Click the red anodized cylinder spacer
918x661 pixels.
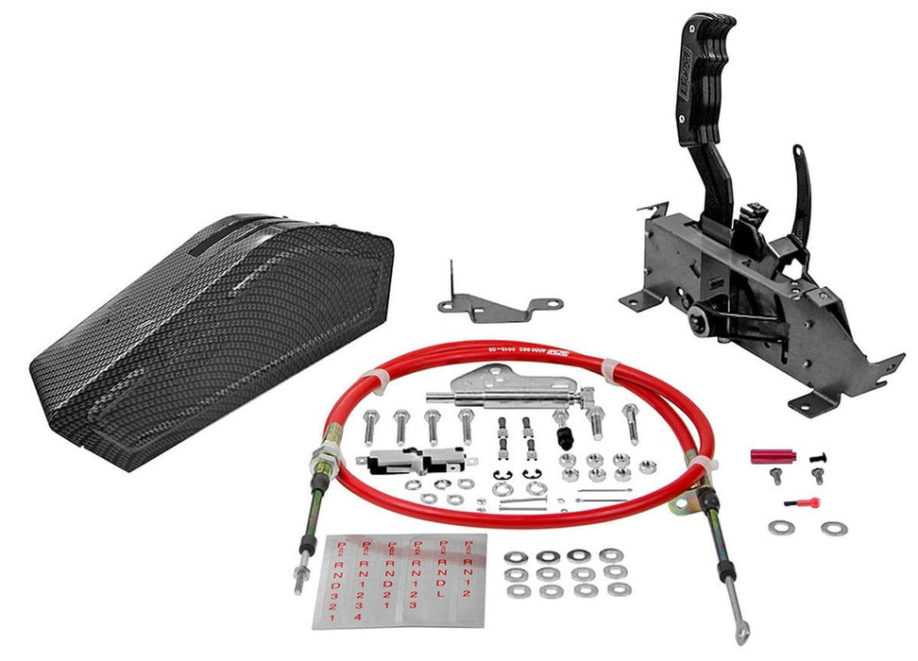(x=773, y=456)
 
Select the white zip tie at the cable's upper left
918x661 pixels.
(x=379, y=380)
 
